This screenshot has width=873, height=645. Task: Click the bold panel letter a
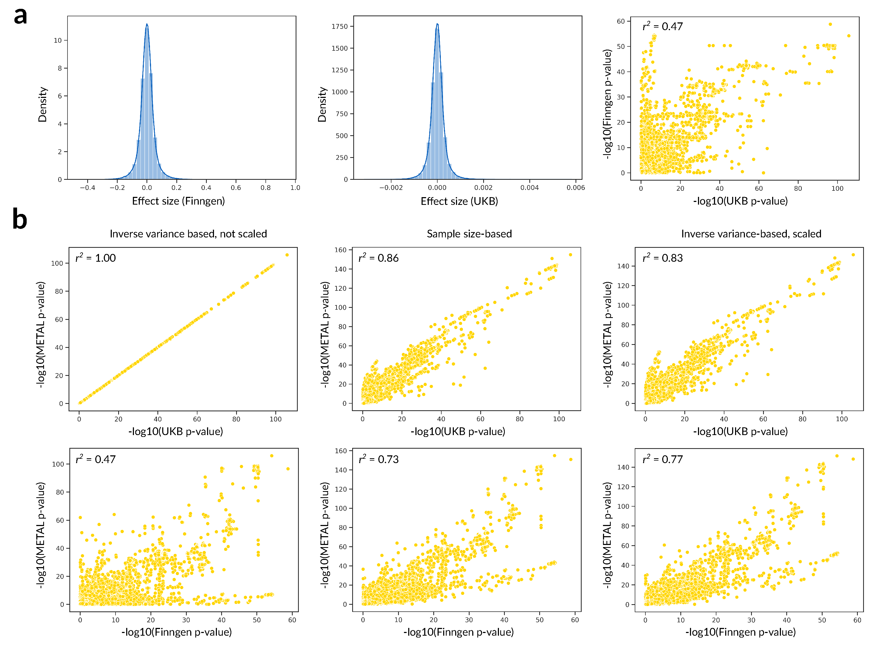(x=20, y=16)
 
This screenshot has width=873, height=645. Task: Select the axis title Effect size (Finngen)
(x=178, y=201)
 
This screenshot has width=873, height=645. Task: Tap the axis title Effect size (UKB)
(x=459, y=201)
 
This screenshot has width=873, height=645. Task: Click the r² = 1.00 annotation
(x=96, y=258)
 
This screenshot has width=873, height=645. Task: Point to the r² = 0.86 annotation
(x=378, y=258)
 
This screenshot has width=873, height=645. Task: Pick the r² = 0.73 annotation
(x=378, y=459)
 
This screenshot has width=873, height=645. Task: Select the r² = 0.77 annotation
(x=662, y=459)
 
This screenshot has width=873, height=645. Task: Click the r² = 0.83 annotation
(x=662, y=258)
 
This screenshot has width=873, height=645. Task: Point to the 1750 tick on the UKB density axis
(x=339, y=27)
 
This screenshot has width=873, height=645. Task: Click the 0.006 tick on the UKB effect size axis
(x=576, y=188)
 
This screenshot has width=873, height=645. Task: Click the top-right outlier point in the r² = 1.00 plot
(x=287, y=255)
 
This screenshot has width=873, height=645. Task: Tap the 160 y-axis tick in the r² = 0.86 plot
(x=340, y=250)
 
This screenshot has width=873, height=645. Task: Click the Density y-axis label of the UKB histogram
(x=322, y=104)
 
